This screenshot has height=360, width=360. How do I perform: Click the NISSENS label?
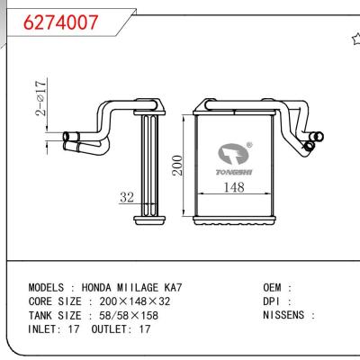pos(286,317)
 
